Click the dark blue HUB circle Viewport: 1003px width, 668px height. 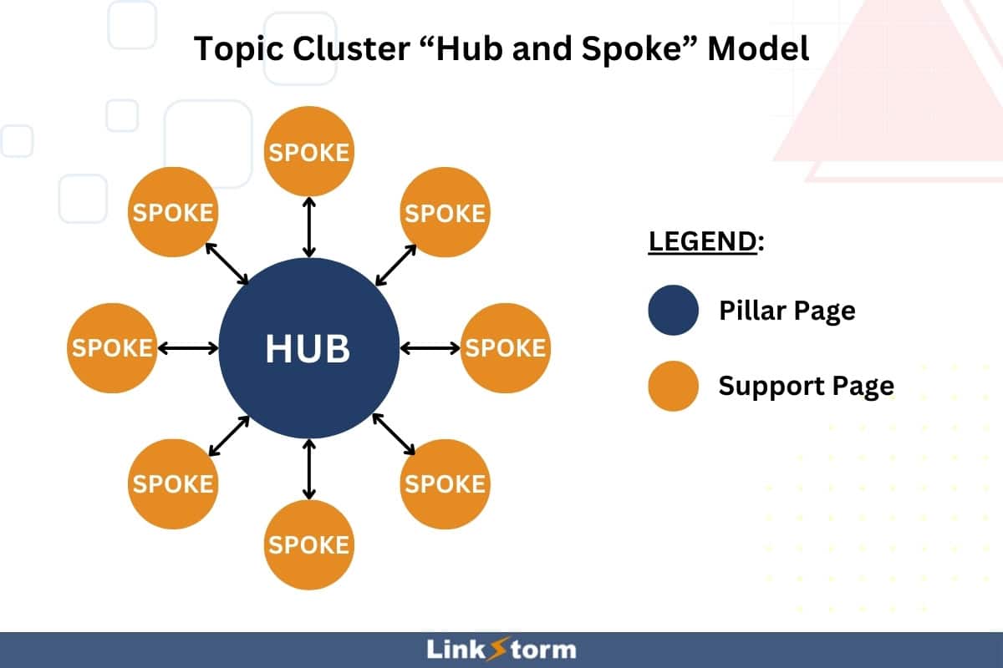coord(308,348)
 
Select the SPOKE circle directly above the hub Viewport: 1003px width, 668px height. coord(308,153)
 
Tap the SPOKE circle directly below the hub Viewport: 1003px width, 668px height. coord(308,544)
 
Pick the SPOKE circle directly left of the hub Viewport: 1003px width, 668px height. coord(111,348)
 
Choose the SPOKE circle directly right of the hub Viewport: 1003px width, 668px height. coord(505,348)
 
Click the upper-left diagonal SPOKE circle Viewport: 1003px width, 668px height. coord(173,212)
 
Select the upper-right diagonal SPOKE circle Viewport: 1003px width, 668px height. coord(445,212)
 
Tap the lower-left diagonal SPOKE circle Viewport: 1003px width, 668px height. coord(173,484)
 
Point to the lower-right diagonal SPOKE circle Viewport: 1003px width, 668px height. coord(445,484)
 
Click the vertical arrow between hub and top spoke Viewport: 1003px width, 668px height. coord(309,227)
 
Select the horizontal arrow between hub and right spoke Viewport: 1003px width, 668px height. coord(430,347)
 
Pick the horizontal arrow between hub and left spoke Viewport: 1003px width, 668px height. coord(187,347)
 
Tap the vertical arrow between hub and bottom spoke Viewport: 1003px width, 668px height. coord(309,470)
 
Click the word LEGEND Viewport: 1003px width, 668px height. coord(702,241)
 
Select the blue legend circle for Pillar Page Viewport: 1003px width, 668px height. coord(673,311)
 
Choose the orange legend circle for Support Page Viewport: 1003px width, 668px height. coord(673,386)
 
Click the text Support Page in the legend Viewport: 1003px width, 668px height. coord(806,386)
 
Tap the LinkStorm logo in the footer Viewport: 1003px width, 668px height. coord(501,649)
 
